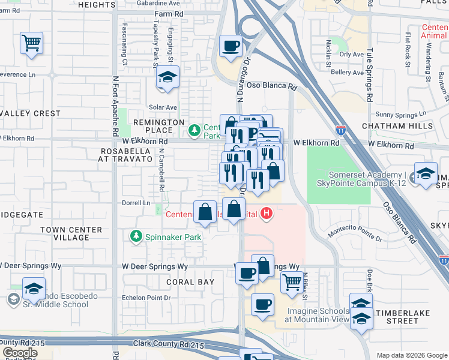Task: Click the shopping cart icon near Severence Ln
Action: [x=31, y=43]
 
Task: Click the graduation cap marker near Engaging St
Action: [x=168, y=77]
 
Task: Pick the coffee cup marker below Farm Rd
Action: [x=231, y=46]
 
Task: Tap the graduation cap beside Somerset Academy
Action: [x=426, y=174]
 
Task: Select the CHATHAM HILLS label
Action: [x=397, y=126]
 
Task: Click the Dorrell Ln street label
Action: [x=135, y=203]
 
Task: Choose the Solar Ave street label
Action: [x=163, y=107]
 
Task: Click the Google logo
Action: [x=20, y=353]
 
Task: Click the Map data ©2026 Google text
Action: [x=411, y=355]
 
